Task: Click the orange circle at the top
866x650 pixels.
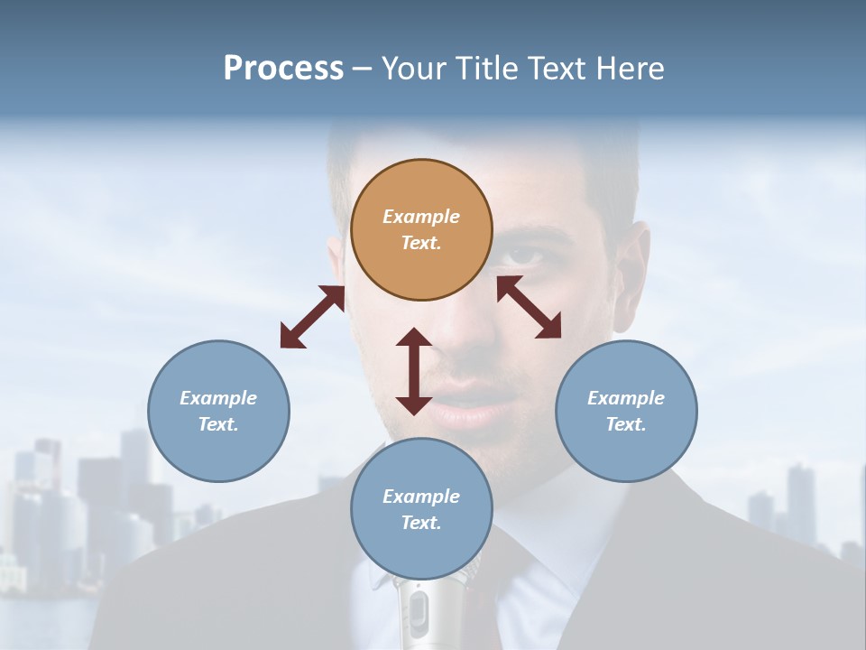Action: tap(421, 230)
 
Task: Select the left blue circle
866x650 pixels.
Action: tap(218, 411)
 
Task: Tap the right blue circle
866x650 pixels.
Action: tap(626, 411)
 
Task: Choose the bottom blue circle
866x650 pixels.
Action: tap(421, 509)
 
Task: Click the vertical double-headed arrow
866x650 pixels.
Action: tap(414, 371)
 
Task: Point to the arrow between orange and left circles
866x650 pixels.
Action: tap(312, 317)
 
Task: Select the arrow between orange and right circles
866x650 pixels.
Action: tap(529, 307)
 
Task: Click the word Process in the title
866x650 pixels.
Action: tap(283, 68)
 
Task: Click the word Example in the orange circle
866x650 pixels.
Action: tap(421, 217)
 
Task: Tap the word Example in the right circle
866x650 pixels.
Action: tap(626, 398)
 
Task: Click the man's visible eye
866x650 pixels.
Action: tap(528, 255)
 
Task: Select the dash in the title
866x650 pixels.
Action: tap(362, 69)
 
